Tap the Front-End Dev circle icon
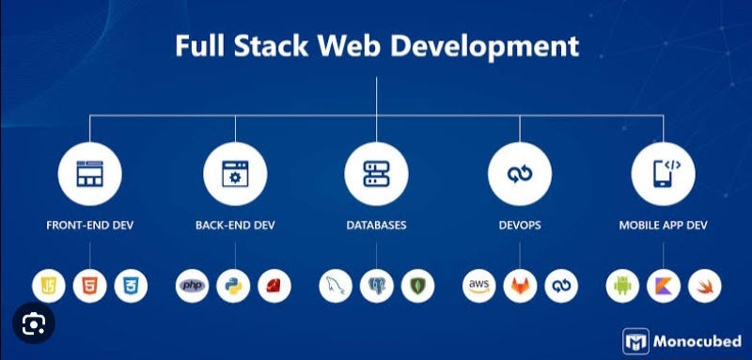pos(89,174)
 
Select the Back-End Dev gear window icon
pos(234,174)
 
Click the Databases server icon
pos(376,174)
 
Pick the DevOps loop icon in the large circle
pos(519,174)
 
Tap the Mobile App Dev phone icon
pos(663,174)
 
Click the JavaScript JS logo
pos(49,286)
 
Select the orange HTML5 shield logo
pos(89,286)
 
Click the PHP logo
pos(193,286)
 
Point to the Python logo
pos(233,286)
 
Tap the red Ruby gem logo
pos(274,286)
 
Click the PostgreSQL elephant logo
pos(376,286)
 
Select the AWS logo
pos(479,286)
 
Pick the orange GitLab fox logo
pos(520,286)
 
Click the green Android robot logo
pos(622,286)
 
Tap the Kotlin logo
pos(663,286)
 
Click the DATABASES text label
pos(376,226)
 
